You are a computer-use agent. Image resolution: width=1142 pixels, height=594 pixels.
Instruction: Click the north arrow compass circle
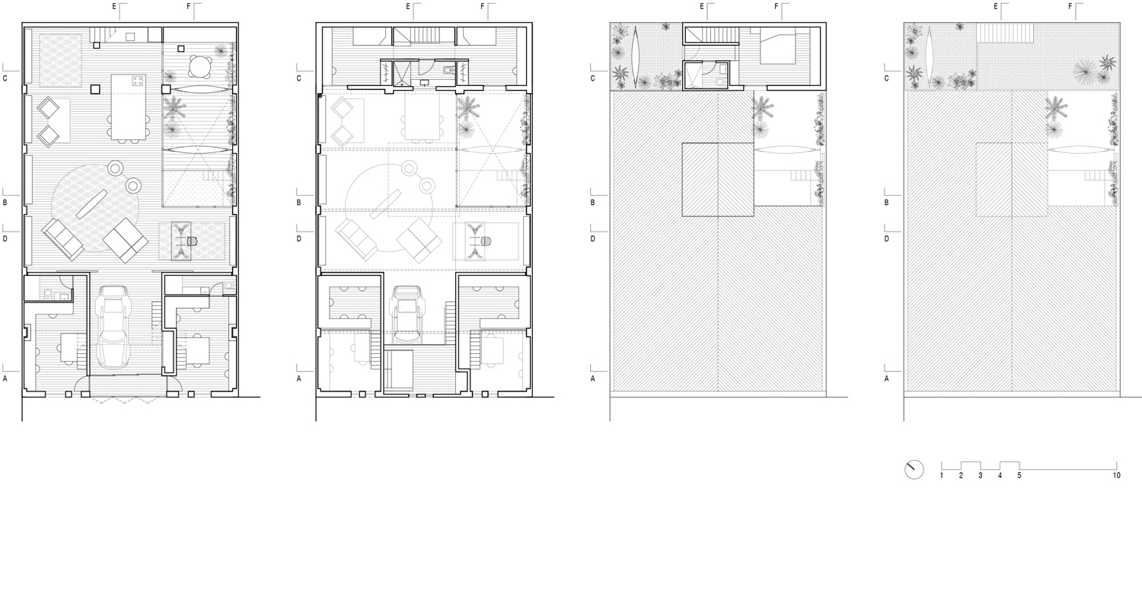(x=914, y=470)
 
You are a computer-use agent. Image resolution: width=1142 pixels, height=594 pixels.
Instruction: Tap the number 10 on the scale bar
(x=1117, y=475)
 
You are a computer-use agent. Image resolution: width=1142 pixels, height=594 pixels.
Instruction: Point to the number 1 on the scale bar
(x=942, y=475)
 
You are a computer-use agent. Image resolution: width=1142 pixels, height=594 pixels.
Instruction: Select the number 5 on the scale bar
(x=1019, y=475)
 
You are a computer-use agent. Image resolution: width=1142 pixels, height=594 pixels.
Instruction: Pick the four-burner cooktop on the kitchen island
(x=138, y=81)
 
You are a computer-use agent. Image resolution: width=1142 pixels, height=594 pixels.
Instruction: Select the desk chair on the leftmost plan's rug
(x=192, y=241)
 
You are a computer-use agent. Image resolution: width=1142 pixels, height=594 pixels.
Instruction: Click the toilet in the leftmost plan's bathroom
(x=47, y=293)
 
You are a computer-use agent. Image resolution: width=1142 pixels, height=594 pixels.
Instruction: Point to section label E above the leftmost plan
(x=114, y=7)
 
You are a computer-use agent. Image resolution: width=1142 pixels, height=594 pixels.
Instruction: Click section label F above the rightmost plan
(x=1070, y=7)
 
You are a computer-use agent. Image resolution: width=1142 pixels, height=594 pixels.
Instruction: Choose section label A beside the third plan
(x=592, y=378)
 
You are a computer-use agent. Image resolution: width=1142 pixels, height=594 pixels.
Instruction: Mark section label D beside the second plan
(x=298, y=238)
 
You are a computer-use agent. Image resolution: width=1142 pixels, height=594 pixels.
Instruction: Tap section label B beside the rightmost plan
(x=887, y=203)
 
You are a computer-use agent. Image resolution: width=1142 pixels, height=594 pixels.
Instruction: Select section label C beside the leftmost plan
(x=5, y=78)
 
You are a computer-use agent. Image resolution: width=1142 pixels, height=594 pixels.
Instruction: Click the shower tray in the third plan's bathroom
(x=693, y=75)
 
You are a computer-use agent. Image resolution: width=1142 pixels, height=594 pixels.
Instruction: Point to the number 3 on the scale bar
(x=981, y=475)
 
